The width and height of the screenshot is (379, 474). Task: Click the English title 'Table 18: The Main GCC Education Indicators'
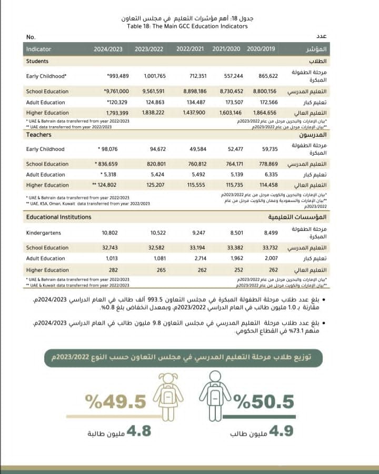pos(189,26)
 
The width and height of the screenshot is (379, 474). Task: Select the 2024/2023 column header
pos(108,49)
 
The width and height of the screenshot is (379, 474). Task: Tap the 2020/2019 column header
pos(261,49)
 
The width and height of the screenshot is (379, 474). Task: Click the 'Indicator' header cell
pos(39,49)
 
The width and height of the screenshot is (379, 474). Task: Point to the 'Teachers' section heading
pos(38,135)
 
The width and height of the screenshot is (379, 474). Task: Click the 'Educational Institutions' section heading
pos(58,217)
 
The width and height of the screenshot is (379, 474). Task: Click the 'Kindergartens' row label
pos(44,232)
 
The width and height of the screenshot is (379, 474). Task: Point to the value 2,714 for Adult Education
pos(196,259)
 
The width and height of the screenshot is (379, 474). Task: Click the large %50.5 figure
pos(263,401)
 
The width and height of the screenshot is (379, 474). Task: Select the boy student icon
pos(215,396)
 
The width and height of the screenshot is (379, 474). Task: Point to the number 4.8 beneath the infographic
pos(138,431)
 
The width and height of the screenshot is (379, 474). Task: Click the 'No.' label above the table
pos(31,37)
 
